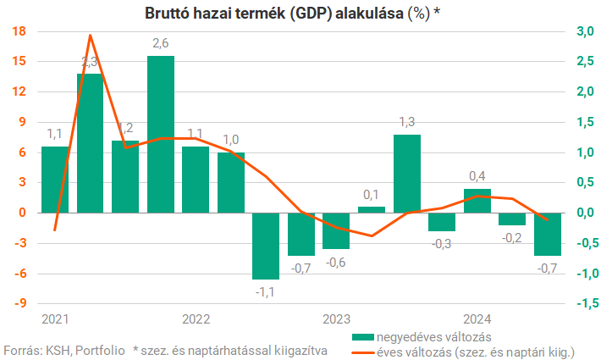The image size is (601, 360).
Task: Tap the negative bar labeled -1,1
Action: point(266,246)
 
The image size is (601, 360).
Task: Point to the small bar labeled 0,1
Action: point(372,209)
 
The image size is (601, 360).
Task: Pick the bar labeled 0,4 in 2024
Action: point(477,201)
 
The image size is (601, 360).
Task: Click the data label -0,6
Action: point(336,262)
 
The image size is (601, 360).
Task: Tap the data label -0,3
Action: point(442,244)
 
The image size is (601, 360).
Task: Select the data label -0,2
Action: point(512,238)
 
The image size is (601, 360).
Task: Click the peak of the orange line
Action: point(91,36)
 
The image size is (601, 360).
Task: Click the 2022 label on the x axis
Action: point(196,319)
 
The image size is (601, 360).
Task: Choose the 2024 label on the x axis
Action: point(477,319)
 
